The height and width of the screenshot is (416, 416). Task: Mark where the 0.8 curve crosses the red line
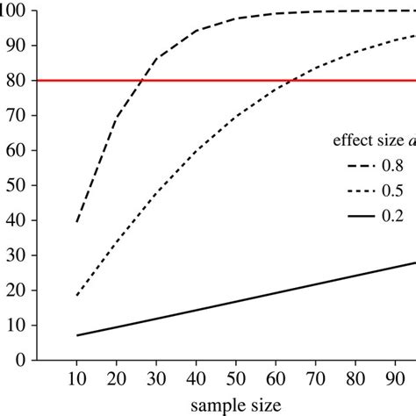coord(143,80)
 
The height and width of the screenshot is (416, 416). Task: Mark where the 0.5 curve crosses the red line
coord(290,80)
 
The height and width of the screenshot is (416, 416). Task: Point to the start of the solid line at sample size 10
coord(78,335)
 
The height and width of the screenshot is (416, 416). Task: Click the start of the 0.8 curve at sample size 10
coord(78,221)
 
